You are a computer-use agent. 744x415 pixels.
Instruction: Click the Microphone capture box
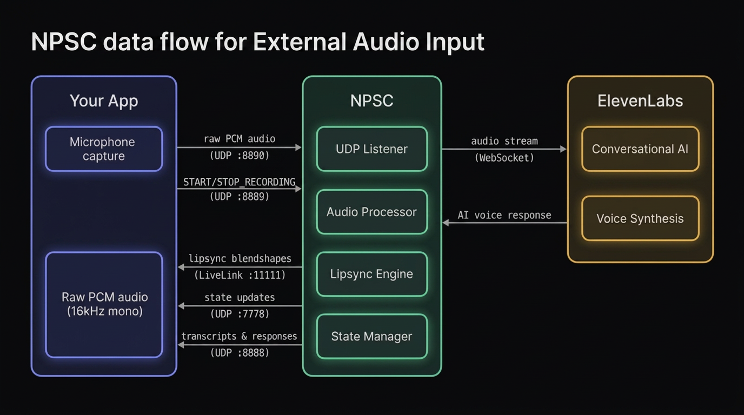point(104,149)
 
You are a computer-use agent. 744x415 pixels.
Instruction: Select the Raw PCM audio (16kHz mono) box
point(104,304)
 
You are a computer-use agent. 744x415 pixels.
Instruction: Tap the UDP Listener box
point(371,149)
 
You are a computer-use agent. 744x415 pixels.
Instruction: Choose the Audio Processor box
point(371,212)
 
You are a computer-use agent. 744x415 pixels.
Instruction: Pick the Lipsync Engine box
point(371,274)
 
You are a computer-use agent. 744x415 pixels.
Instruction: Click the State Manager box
point(371,336)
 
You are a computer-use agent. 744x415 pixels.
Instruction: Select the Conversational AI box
point(640,149)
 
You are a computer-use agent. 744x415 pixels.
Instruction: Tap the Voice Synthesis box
point(640,218)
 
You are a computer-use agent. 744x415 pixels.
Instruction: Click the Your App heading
point(104,101)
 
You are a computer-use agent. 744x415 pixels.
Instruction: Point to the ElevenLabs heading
point(640,101)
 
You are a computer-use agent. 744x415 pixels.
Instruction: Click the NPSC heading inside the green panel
point(371,101)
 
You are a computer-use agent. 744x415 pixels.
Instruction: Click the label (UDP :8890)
point(239,156)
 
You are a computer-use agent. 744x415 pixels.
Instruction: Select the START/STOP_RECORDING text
point(239,182)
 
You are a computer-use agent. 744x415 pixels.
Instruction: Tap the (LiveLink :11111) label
point(240,275)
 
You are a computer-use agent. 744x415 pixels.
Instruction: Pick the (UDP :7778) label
point(240,314)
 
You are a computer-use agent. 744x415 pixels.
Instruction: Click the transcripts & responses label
point(239,336)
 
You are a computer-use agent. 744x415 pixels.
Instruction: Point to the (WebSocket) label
point(504,158)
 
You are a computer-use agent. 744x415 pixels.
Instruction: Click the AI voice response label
point(504,215)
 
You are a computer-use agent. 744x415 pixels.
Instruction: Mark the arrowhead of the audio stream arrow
point(563,149)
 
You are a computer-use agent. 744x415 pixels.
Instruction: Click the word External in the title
point(299,42)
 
